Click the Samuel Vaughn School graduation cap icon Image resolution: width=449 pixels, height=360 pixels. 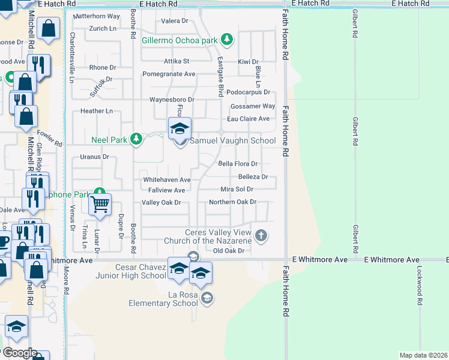(179, 128)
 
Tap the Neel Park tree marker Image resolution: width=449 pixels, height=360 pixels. (137, 139)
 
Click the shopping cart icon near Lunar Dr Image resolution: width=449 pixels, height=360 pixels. (100, 204)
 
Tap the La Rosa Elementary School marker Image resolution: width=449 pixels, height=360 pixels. (206, 298)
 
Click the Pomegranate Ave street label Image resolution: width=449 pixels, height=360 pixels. (169, 74)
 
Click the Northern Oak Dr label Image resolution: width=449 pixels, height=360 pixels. (233, 202)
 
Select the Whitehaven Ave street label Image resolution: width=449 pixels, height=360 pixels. (166, 180)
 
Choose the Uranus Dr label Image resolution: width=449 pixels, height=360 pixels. (94, 157)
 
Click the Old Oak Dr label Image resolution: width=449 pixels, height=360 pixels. (231, 251)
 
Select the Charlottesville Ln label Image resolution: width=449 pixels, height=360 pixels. (72, 49)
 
